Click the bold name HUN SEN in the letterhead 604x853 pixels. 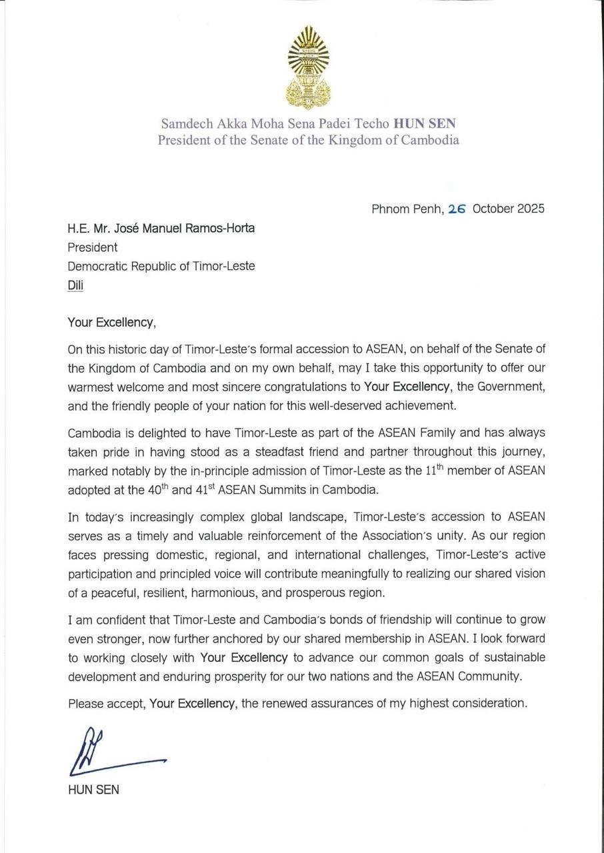425,123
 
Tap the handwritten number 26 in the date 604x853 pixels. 457,209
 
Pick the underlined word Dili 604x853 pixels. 76,285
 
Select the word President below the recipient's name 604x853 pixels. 92,247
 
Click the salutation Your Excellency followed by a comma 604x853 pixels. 111,323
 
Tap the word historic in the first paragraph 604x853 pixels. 133,349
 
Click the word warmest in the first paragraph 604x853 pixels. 89,387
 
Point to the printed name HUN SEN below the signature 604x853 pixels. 93,790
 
